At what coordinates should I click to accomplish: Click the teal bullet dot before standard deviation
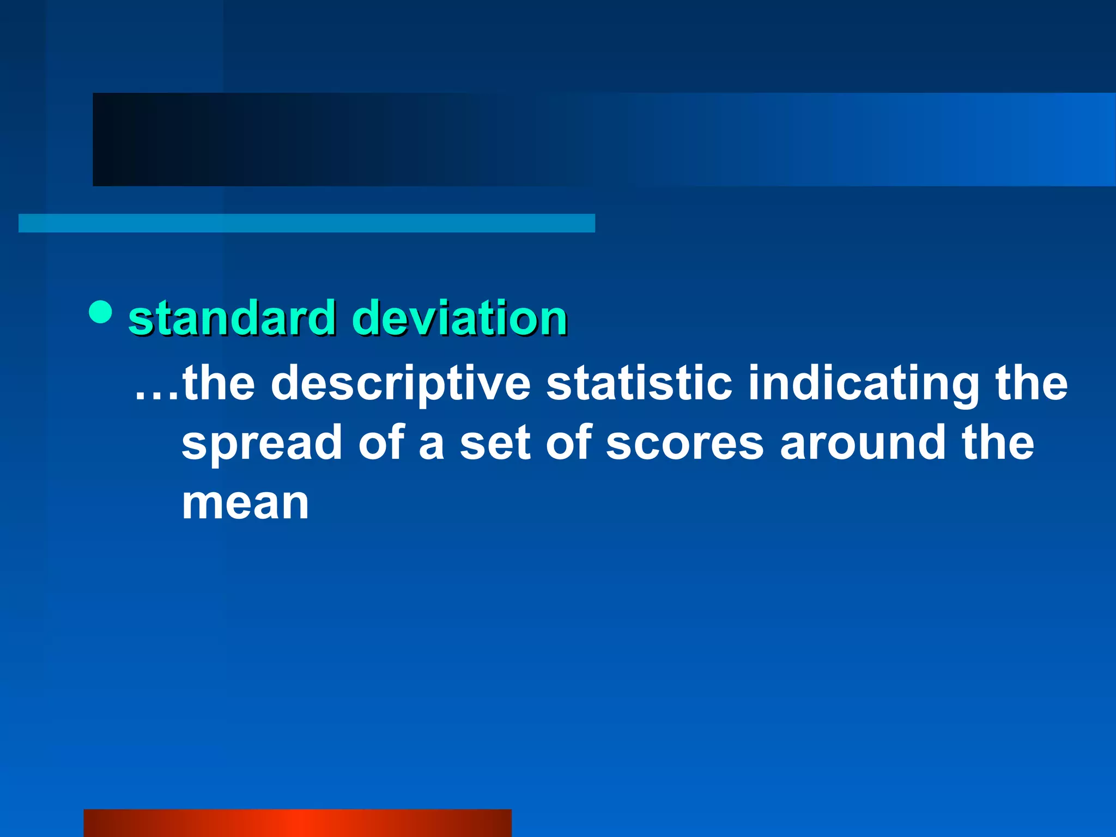(100, 312)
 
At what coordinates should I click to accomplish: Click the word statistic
(639, 383)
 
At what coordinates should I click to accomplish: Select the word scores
(685, 442)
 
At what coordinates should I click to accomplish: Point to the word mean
(245, 503)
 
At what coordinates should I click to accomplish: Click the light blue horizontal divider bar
(306, 223)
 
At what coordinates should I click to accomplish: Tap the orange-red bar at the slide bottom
(297, 823)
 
